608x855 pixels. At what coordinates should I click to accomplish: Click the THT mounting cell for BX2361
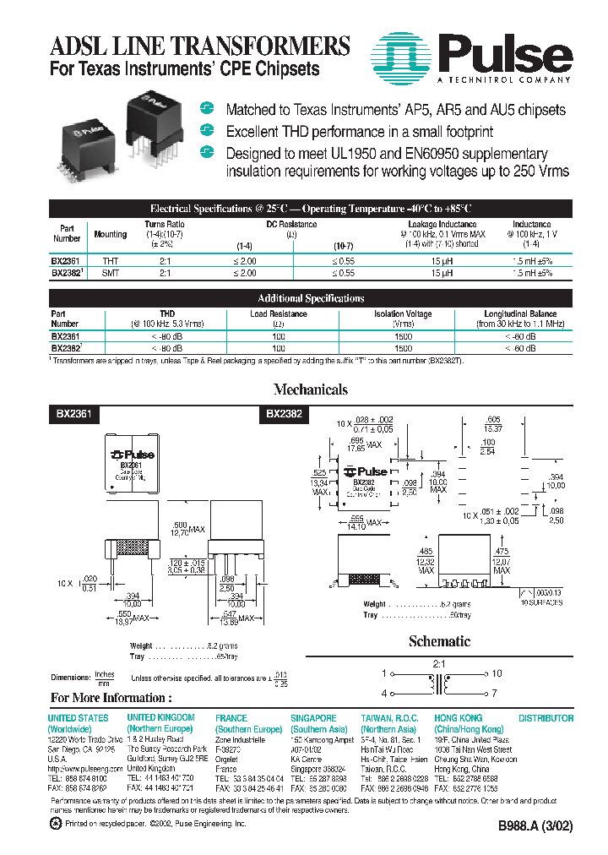coord(111,262)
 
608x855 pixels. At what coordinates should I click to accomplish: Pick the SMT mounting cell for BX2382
coord(111,274)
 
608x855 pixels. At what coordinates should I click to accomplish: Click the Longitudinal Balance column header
coord(519,313)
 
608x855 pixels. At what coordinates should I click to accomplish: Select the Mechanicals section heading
coord(310,389)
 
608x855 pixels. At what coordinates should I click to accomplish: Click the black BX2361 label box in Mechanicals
coord(74,414)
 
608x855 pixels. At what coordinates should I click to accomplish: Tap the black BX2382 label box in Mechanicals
coord(284,414)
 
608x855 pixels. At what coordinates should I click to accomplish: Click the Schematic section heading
coord(439,641)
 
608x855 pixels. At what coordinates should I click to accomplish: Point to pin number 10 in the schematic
coord(497,673)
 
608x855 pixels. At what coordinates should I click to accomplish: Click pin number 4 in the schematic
coord(384,693)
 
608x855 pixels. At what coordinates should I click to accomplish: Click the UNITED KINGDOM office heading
coord(160,717)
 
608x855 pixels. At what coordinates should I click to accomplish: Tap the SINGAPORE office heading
coord(313,717)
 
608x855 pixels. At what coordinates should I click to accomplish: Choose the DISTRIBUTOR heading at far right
coord(545,717)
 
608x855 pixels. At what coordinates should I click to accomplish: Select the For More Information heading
coord(111,698)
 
